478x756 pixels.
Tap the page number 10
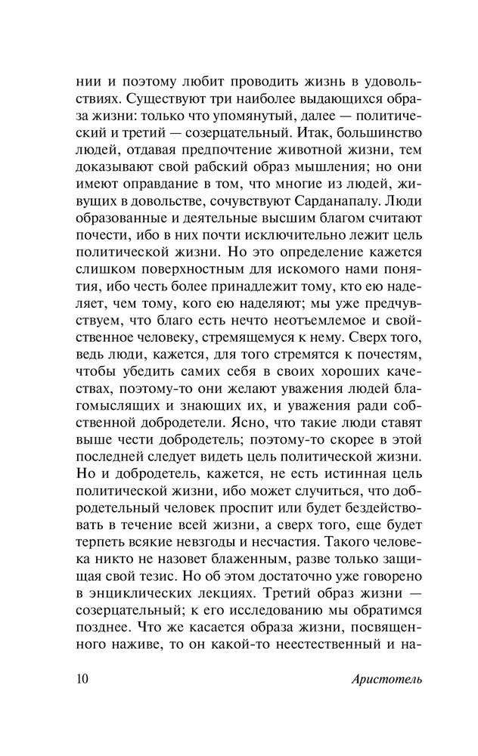coord(82,677)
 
